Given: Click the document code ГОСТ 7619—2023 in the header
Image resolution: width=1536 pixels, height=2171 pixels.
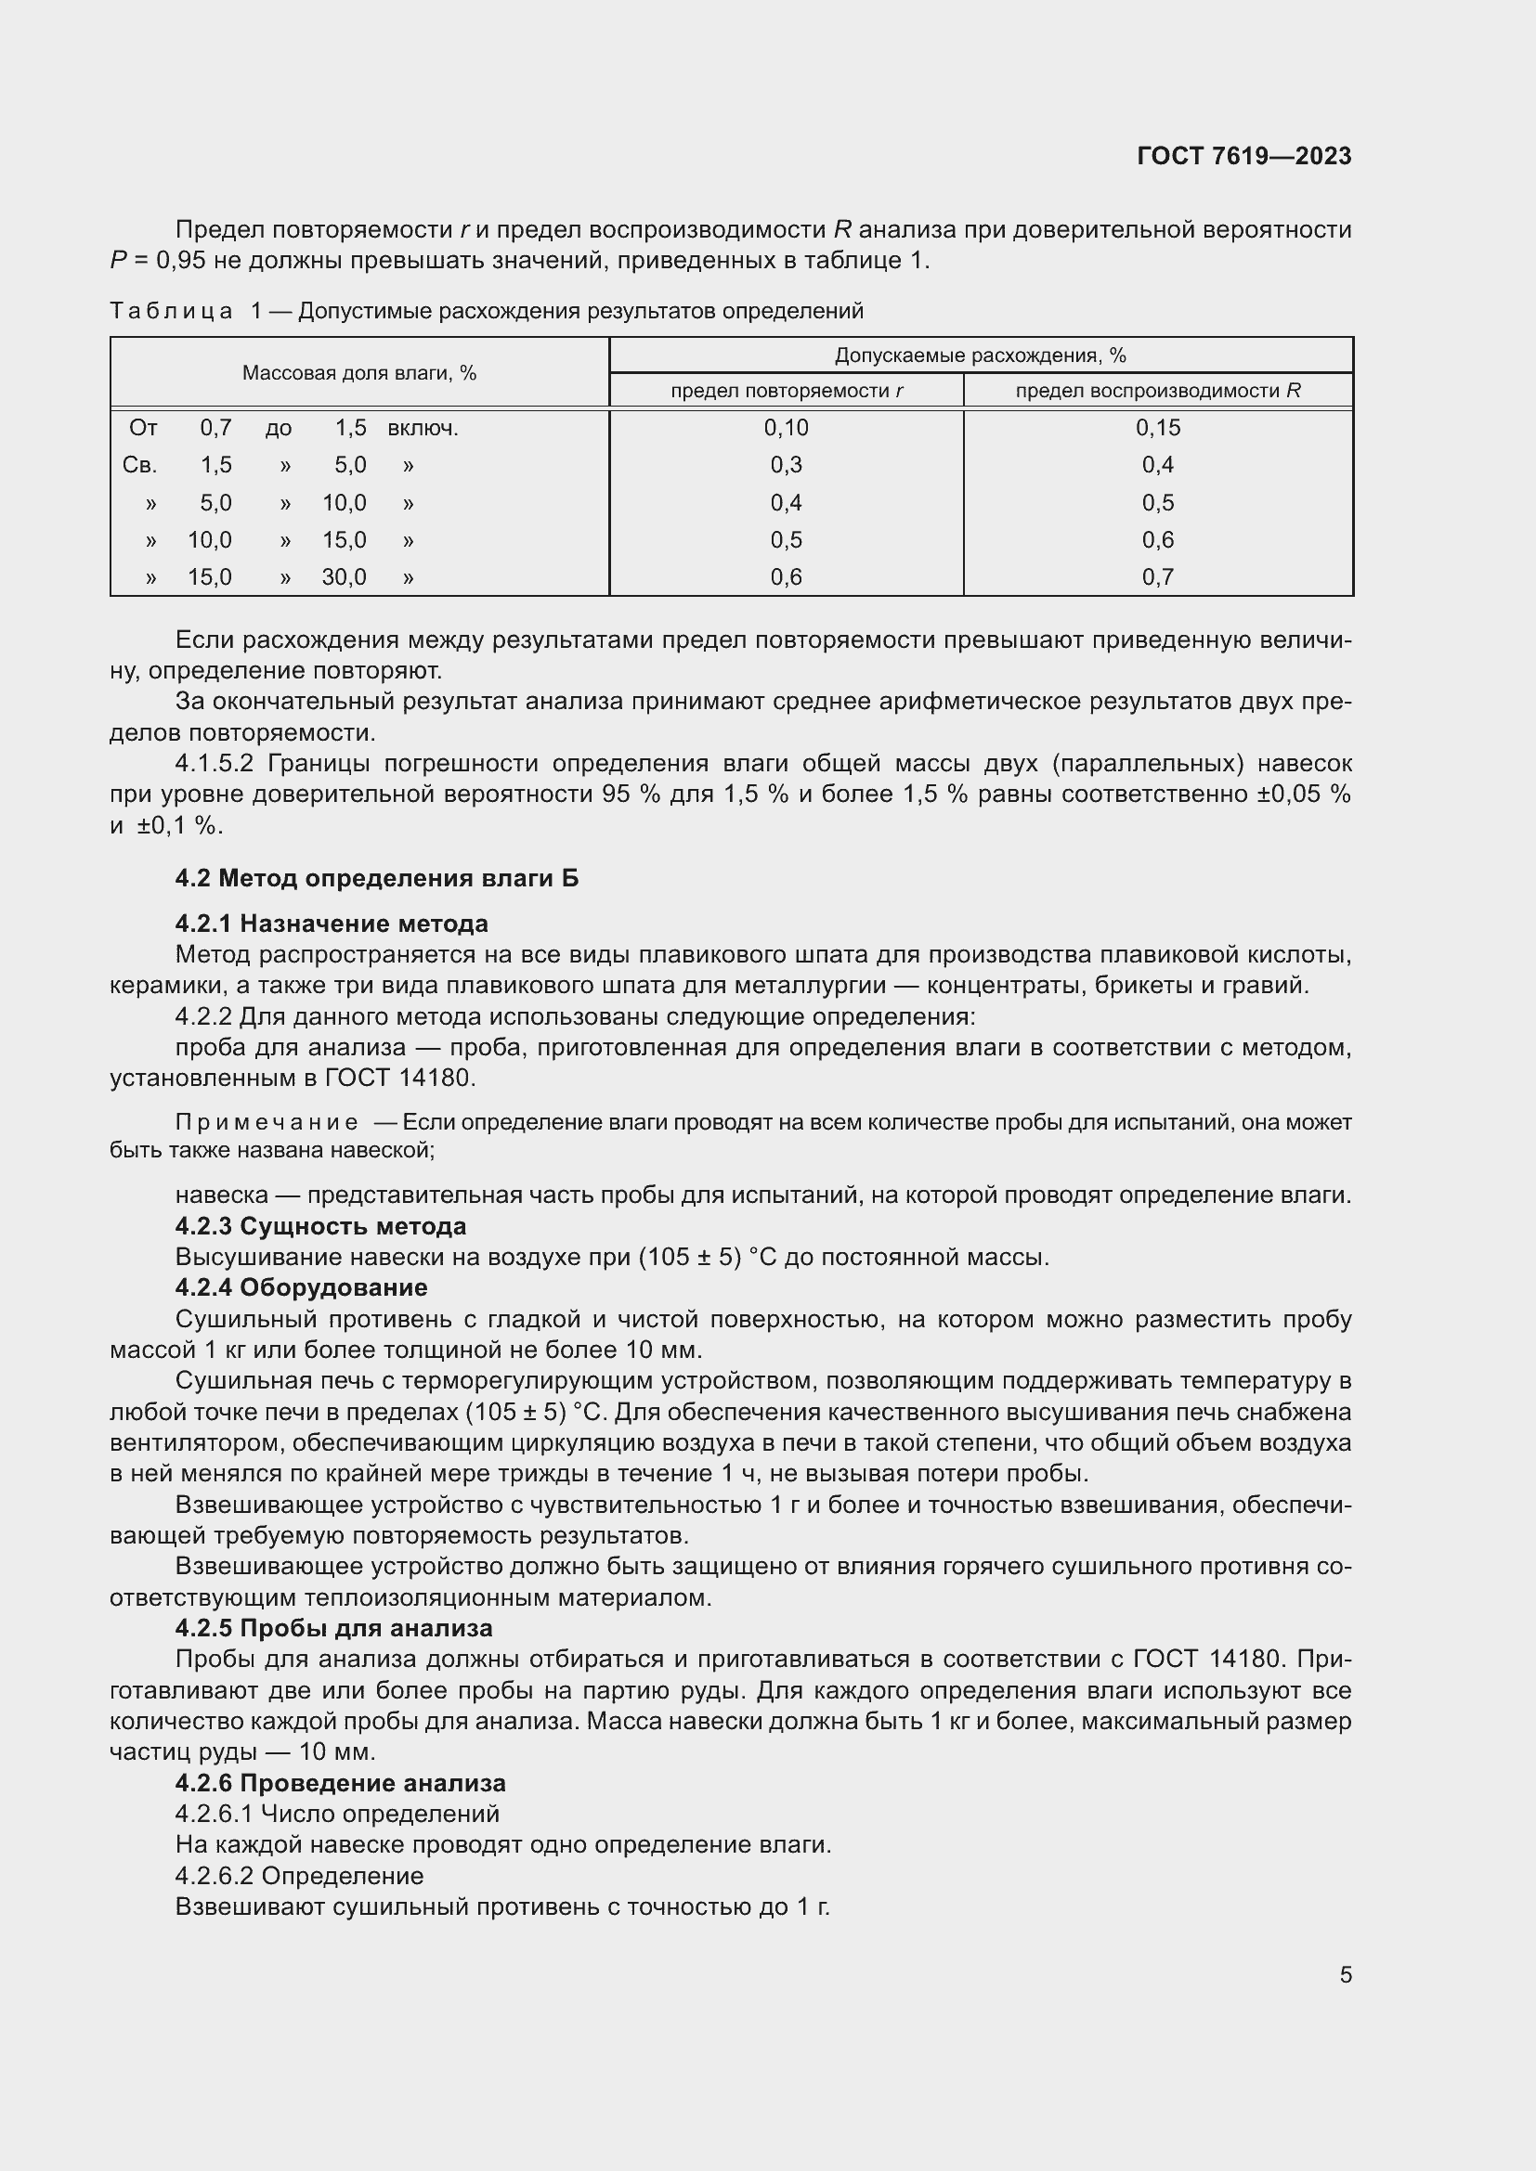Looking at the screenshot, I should (x=1243, y=156).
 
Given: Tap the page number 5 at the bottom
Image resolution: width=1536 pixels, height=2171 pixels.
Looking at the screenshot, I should (x=1345, y=1974).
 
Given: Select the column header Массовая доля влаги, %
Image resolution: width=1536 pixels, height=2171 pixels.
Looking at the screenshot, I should (x=358, y=372).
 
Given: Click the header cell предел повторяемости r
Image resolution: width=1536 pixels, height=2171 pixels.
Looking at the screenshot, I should (x=786, y=391).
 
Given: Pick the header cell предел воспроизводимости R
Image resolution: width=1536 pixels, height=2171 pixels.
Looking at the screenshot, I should (x=1158, y=391).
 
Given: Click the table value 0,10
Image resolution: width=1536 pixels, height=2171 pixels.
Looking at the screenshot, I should (x=786, y=427).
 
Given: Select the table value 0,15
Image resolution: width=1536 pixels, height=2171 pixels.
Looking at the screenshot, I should (x=1158, y=427).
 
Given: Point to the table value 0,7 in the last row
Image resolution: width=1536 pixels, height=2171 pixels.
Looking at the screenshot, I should (x=1158, y=576).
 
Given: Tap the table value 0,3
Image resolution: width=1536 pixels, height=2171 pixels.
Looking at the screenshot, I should (x=786, y=464).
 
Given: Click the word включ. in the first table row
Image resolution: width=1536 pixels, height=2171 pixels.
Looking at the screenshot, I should (x=422, y=428).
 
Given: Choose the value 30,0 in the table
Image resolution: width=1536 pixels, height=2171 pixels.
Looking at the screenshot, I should (x=344, y=576).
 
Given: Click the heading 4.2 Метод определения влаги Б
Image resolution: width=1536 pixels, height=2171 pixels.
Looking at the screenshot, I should (x=376, y=878).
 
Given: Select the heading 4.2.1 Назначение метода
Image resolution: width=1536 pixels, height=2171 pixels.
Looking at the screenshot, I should (x=331, y=923).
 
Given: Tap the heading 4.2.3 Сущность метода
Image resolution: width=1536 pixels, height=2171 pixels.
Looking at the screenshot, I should (x=319, y=1226).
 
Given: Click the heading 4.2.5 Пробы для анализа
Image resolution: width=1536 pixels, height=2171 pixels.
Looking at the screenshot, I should (x=333, y=1628).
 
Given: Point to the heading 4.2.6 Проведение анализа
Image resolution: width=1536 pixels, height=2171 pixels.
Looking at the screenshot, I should (x=340, y=1783).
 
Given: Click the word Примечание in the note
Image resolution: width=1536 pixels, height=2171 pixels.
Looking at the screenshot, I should (x=267, y=1122).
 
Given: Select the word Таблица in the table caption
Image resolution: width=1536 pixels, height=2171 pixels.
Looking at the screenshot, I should (x=171, y=311).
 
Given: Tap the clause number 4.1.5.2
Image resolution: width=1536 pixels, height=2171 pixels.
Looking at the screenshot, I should (x=214, y=763).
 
